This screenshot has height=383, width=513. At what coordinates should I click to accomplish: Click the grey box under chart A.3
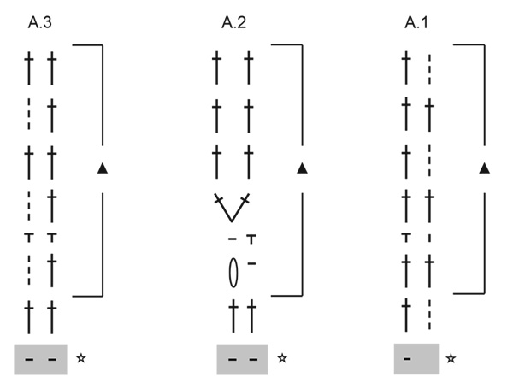40,357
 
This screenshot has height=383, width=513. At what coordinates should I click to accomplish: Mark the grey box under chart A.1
416,357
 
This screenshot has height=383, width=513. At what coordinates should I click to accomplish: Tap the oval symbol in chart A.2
230,273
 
